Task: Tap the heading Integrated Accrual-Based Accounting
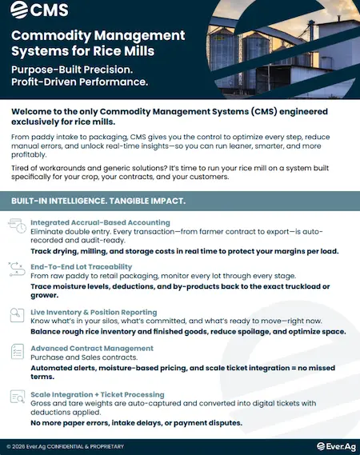click(100, 222)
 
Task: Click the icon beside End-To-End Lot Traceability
click(16, 268)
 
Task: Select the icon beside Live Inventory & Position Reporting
click(16, 313)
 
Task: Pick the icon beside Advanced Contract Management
click(16, 352)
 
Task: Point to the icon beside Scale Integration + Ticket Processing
click(16, 397)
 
